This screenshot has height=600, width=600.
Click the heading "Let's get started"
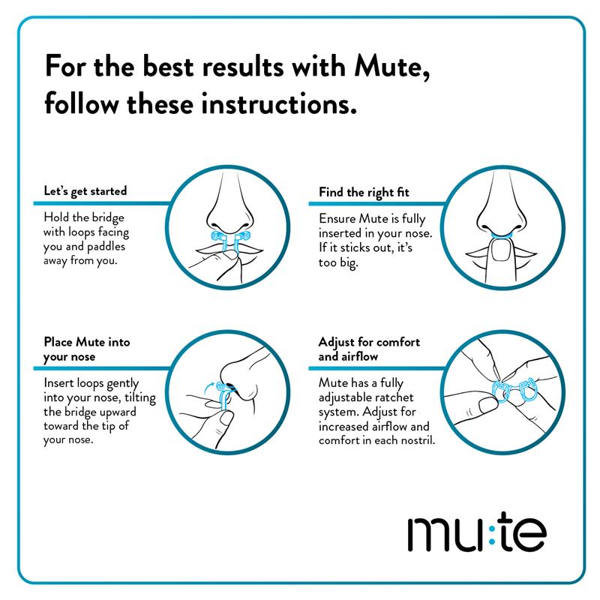[x=85, y=190]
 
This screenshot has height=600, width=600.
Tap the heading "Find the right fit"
[x=364, y=192]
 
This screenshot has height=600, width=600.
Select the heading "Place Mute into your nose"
[x=87, y=349]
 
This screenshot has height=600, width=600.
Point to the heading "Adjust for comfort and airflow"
[x=369, y=349]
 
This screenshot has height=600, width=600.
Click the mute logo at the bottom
[x=477, y=532]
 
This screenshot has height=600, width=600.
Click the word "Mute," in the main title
[x=391, y=67]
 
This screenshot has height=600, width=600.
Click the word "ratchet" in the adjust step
[x=395, y=397]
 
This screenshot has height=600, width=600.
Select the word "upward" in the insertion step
[x=118, y=412]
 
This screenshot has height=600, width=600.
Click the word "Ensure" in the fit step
[x=334, y=218]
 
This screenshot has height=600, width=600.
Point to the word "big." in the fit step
[x=347, y=263]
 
